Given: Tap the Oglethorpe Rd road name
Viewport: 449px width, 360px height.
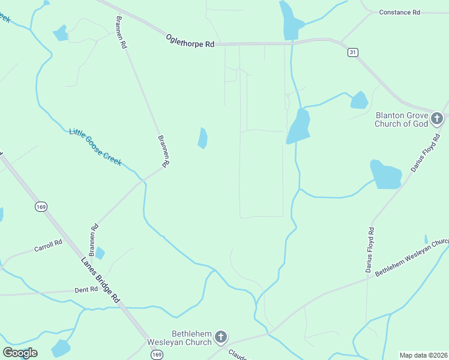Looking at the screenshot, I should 190,41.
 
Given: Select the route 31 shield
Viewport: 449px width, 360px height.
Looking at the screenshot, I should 352,53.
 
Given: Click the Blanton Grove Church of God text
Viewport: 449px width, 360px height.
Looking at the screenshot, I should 402,119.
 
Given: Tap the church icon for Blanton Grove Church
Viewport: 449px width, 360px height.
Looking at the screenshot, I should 437,119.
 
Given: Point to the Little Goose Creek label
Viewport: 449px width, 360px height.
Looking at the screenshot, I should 95,148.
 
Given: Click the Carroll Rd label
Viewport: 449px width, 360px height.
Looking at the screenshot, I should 48,245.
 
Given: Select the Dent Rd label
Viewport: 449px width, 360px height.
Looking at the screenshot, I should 86,289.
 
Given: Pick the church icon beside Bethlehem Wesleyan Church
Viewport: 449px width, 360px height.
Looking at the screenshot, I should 220,337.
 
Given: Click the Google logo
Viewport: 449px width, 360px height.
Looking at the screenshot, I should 20,353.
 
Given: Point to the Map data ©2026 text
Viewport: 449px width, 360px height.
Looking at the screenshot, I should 423,355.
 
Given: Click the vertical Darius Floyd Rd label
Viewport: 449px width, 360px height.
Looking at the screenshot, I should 370,250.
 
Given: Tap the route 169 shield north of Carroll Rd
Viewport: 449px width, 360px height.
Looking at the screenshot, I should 41,206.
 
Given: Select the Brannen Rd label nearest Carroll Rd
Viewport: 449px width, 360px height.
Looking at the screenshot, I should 93,238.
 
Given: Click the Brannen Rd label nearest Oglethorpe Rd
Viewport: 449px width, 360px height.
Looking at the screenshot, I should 120,32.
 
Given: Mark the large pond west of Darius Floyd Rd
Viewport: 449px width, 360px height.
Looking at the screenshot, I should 386,175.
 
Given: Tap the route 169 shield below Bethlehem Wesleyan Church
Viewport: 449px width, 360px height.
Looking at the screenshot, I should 157,355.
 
